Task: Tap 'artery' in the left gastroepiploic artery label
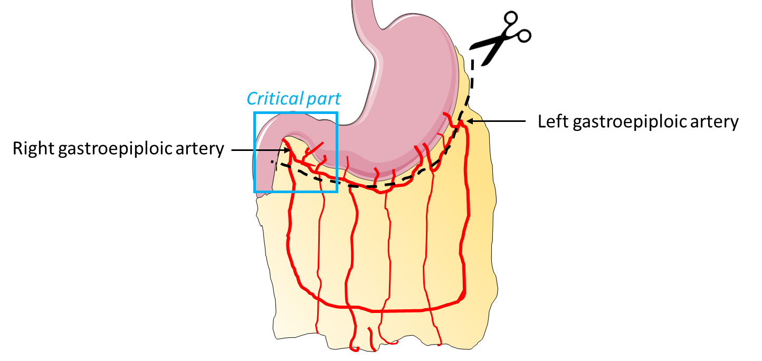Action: click(716, 122)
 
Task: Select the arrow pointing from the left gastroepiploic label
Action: click(496, 121)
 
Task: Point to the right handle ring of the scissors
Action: click(523, 36)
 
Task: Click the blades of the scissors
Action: click(488, 50)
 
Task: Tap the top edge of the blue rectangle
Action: click(296, 112)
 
